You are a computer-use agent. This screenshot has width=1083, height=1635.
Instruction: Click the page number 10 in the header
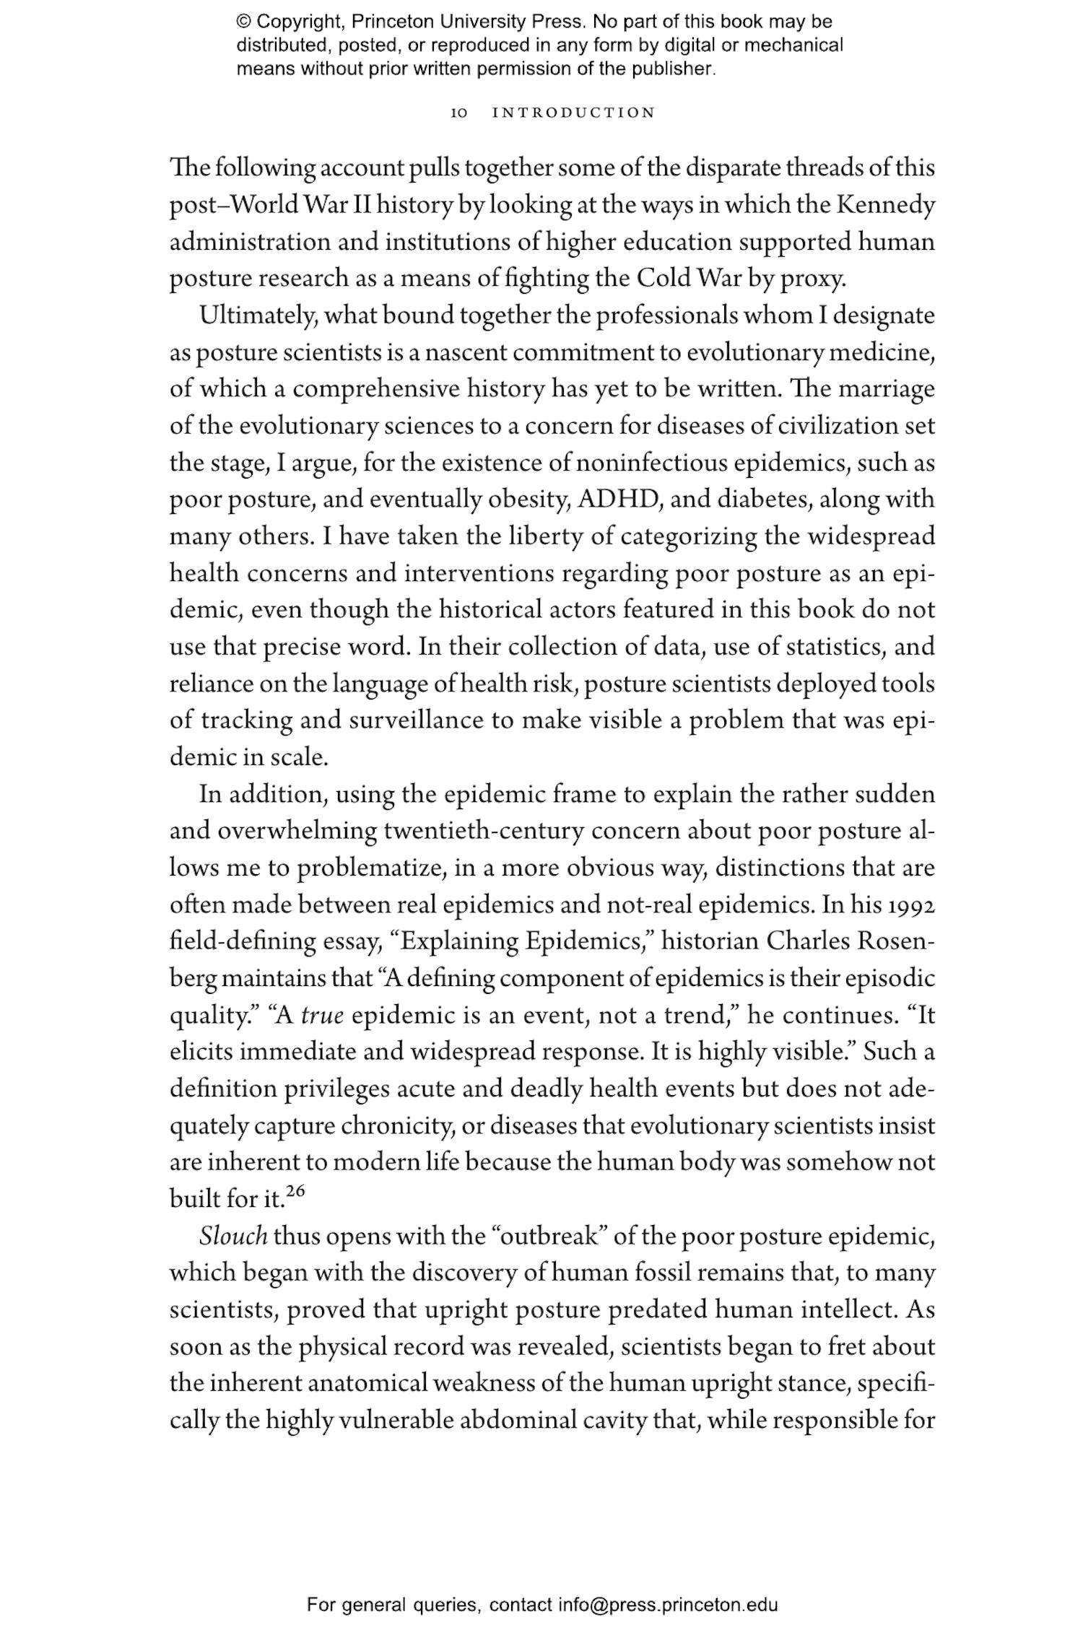459,113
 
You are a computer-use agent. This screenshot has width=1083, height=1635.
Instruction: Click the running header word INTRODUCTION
573,113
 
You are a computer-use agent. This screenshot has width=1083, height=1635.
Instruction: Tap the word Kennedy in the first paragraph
885,205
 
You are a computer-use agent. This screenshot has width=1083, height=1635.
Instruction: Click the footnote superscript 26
295,1190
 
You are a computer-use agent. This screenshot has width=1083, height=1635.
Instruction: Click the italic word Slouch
233,1237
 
